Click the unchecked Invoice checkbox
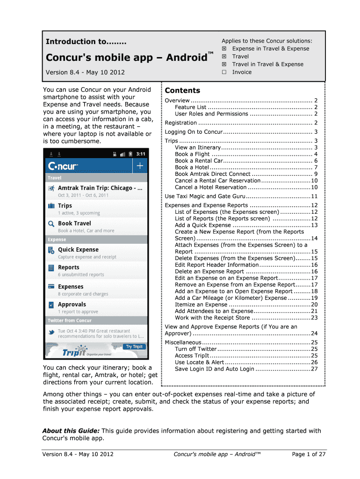point(224,72)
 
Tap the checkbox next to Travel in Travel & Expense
point(224,64)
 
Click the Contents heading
point(182,90)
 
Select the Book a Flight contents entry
point(192,154)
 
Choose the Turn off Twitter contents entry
point(196,349)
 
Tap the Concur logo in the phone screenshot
point(63,166)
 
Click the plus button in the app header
point(140,165)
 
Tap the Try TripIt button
point(134,347)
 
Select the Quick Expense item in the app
point(78,250)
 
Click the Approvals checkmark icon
point(51,305)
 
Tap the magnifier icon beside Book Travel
point(51,224)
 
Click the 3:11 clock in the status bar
point(141,153)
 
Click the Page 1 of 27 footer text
point(309,454)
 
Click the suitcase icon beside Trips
point(51,206)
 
